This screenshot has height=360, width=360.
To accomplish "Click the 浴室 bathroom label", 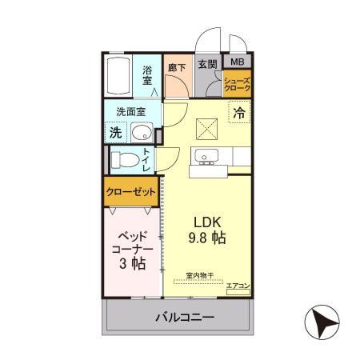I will (148, 75).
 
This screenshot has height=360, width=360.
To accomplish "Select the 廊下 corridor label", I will (175, 69).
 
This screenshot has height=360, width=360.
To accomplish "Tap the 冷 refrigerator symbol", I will (238, 114).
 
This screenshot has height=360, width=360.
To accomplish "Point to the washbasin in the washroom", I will (142, 133).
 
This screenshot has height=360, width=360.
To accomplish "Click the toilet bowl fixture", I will (124, 159).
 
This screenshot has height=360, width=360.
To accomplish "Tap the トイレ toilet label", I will (147, 160).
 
